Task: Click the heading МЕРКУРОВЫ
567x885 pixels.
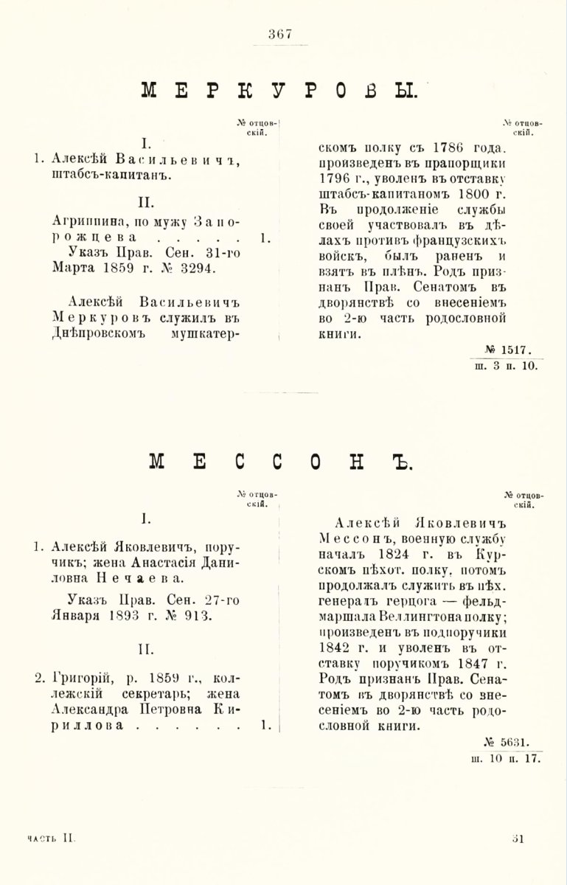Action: coord(279,91)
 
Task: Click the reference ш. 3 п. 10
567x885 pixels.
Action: coord(506,364)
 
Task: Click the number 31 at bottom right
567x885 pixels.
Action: coord(518,837)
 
